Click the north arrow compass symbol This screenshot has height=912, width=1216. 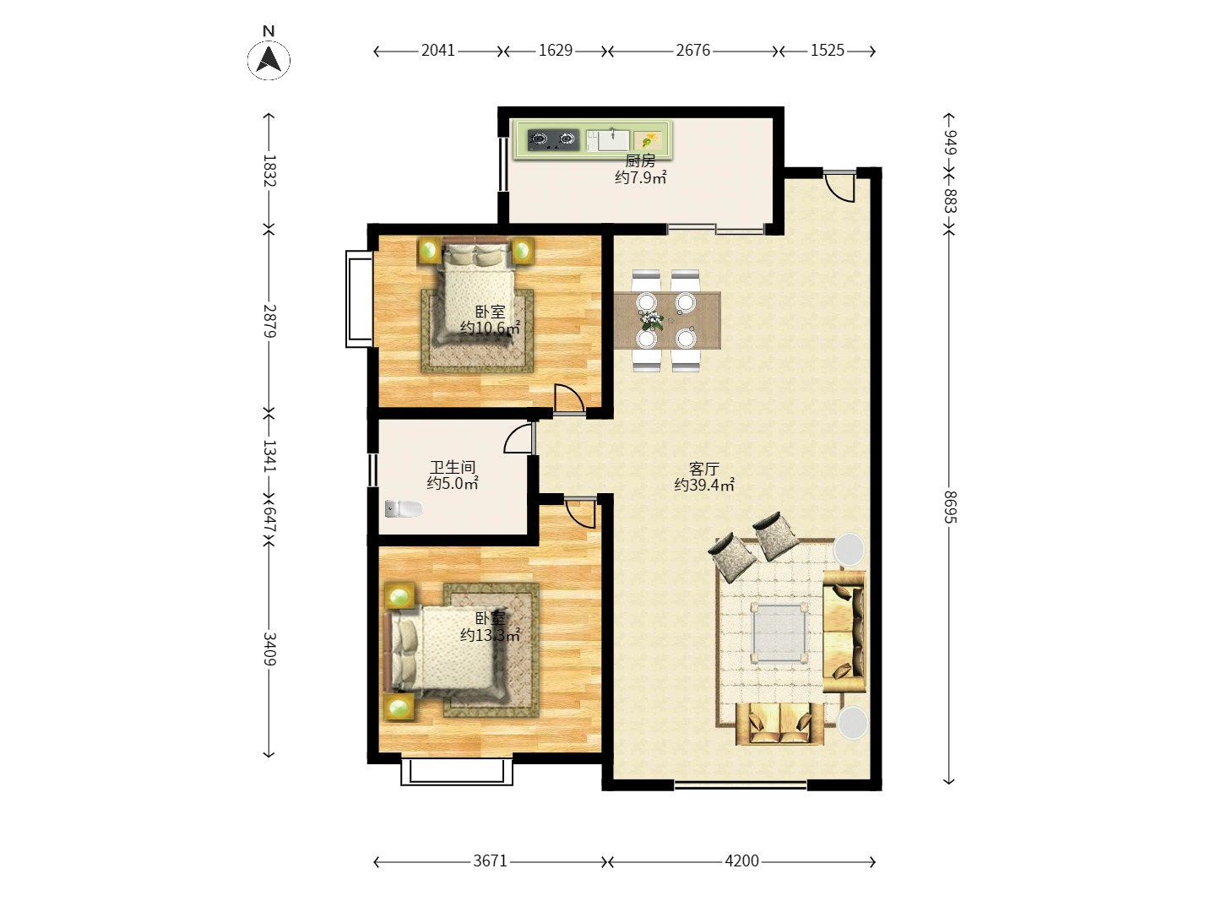pyautogui.click(x=269, y=60)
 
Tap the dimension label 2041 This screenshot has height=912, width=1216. pyautogui.click(x=437, y=51)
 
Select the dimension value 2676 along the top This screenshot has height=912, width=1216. pyautogui.click(x=692, y=51)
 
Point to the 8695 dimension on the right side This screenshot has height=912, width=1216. pyautogui.click(x=950, y=507)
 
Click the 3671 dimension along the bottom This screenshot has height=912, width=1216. pyautogui.click(x=490, y=860)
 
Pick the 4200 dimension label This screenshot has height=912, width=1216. pyautogui.click(x=741, y=860)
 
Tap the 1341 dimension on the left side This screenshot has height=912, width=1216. pyautogui.click(x=269, y=455)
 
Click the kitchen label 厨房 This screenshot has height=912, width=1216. pyautogui.click(x=640, y=161)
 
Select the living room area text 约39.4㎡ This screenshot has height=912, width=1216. pyautogui.click(x=704, y=485)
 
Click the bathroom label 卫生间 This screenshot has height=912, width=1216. pyautogui.click(x=453, y=467)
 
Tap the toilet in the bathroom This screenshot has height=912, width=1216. pyautogui.click(x=404, y=508)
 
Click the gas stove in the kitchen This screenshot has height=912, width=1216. pyautogui.click(x=553, y=140)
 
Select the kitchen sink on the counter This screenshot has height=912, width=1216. pyautogui.click(x=608, y=140)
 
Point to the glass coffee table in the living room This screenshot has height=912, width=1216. pyautogui.click(x=778, y=632)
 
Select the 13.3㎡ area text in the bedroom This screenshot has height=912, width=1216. pyautogui.click(x=491, y=635)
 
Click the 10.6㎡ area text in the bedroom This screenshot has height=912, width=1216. pyautogui.click(x=491, y=328)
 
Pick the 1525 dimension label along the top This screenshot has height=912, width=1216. pyautogui.click(x=827, y=51)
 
